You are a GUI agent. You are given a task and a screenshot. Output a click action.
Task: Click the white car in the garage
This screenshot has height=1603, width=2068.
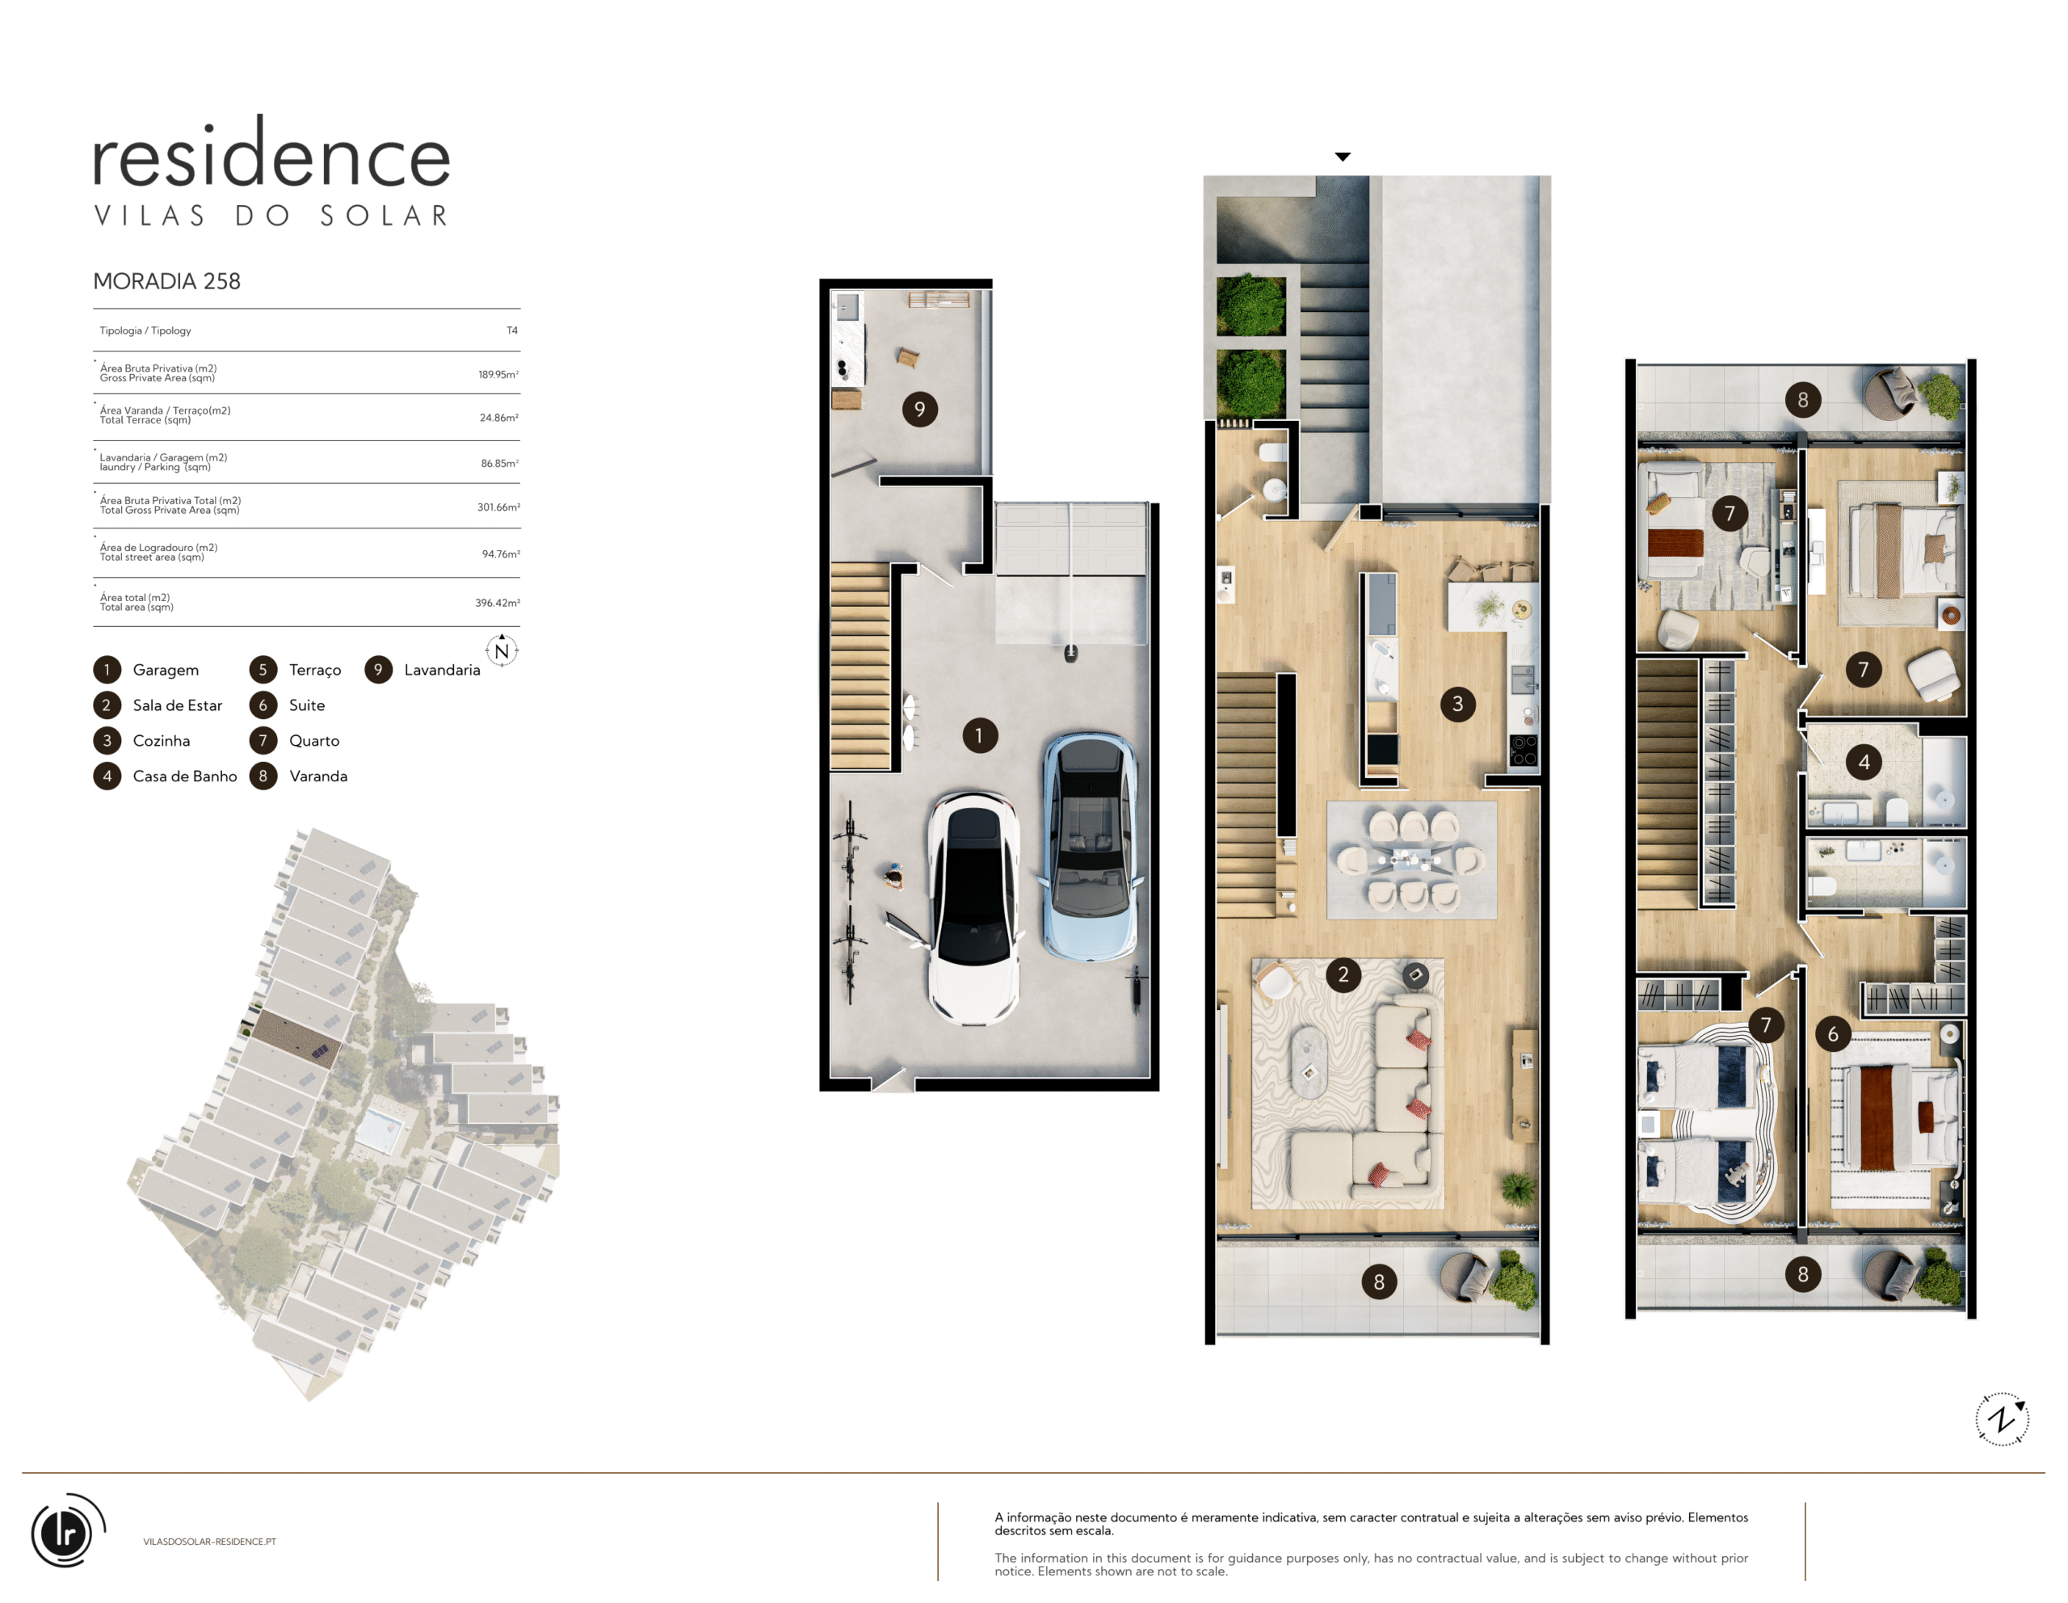[973, 908]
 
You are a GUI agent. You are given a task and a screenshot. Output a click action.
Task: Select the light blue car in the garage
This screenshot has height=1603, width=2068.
[1090, 847]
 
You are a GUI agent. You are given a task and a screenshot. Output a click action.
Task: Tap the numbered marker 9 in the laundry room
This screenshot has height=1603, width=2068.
[919, 409]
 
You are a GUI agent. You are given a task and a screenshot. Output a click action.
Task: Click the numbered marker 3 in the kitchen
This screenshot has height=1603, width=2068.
[1457, 704]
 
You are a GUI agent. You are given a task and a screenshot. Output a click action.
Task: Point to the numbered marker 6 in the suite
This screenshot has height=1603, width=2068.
[1833, 1034]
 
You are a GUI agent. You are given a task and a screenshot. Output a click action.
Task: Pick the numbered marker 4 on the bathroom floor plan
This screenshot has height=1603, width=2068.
[1864, 762]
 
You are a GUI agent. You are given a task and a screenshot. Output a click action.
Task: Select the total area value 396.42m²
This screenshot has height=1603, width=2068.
[497, 602]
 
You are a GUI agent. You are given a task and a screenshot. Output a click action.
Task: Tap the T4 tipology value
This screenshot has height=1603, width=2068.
[511, 330]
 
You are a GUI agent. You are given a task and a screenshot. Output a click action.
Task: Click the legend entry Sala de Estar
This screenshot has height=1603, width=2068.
[177, 705]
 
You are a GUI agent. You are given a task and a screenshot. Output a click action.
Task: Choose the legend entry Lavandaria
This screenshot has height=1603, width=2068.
[442, 670]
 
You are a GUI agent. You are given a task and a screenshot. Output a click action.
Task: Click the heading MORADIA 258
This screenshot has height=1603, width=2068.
[166, 281]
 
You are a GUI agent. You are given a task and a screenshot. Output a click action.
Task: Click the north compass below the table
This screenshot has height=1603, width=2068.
[502, 650]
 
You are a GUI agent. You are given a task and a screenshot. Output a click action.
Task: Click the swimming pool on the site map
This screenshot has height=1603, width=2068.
[379, 1131]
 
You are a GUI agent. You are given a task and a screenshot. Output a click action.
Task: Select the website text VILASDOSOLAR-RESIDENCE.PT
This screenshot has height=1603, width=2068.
[210, 1542]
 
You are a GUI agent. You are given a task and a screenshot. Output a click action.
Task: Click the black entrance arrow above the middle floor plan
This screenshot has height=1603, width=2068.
[1343, 156]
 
